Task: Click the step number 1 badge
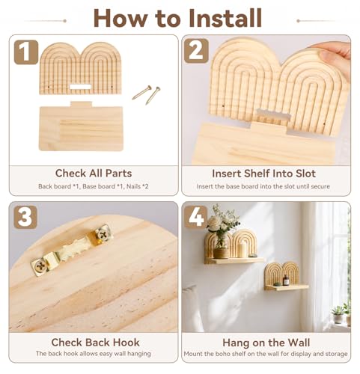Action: click(x=26, y=52)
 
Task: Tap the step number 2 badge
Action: click(x=196, y=51)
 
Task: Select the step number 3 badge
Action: click(x=25, y=217)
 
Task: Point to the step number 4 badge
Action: click(x=196, y=217)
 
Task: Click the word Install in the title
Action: click(x=225, y=18)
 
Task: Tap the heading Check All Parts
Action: click(x=94, y=174)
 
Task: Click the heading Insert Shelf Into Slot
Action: click(x=264, y=174)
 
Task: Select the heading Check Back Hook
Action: click(x=95, y=343)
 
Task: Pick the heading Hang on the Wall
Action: click(x=266, y=343)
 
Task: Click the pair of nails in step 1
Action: click(x=146, y=94)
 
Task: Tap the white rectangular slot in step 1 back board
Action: click(x=80, y=87)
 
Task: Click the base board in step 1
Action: click(x=81, y=126)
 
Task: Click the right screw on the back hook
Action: click(x=102, y=235)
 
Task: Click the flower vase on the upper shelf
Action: click(x=222, y=245)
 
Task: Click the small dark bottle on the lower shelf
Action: click(x=286, y=280)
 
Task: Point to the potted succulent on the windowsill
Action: click(x=338, y=315)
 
